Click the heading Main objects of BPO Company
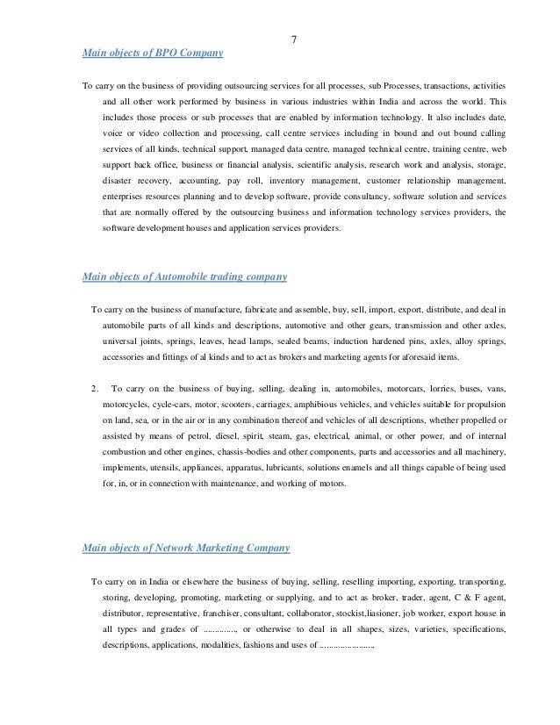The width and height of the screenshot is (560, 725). click(x=152, y=54)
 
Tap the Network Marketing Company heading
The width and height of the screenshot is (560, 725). click(x=185, y=548)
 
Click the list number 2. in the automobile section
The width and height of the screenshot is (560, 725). click(x=95, y=388)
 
